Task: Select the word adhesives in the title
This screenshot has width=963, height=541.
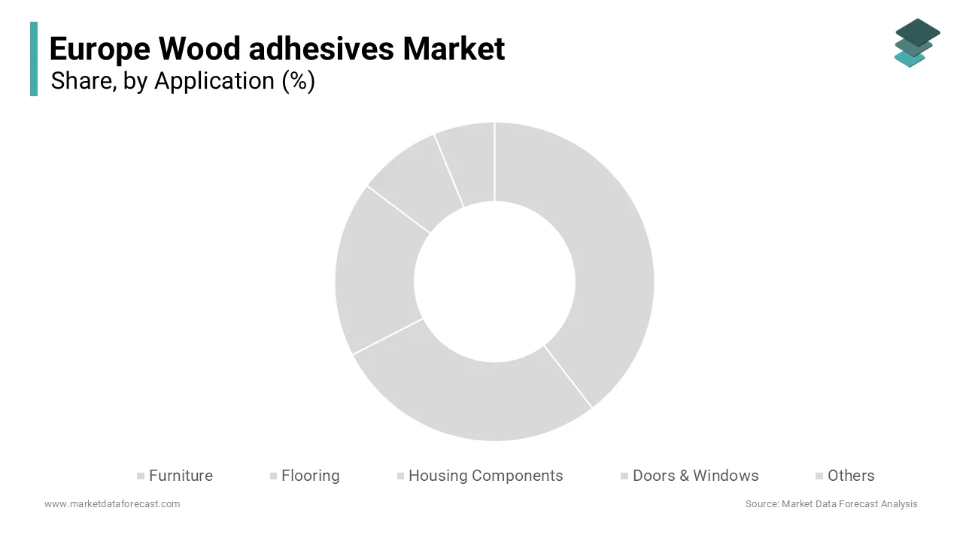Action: [321, 50]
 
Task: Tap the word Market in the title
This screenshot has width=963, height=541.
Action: [454, 50]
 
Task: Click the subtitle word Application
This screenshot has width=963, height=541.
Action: [214, 81]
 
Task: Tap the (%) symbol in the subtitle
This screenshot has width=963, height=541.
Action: [298, 81]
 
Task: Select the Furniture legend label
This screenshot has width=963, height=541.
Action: [181, 476]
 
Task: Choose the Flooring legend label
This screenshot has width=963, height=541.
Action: [310, 476]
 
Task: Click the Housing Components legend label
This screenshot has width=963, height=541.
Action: [485, 476]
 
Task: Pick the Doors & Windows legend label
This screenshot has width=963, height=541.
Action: [695, 476]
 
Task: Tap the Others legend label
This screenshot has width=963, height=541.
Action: [850, 476]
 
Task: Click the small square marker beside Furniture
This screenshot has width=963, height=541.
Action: [141, 476]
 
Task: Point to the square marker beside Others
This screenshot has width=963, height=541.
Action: [819, 476]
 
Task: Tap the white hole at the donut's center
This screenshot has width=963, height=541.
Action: [494, 282]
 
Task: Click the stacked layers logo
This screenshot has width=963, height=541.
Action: [916, 43]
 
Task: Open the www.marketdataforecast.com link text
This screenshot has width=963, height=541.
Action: [112, 504]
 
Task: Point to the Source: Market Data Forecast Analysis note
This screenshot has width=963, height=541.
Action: [831, 504]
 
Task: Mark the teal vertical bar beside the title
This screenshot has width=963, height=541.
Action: [34, 59]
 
